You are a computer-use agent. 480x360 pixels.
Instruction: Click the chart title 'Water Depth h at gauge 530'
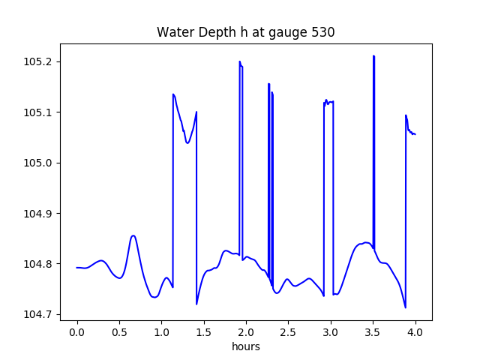245,32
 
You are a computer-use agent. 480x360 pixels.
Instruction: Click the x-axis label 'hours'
246,346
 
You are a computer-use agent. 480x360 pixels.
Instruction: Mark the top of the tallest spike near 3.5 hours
373,55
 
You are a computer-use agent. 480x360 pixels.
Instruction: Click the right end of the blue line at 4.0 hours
415,134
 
